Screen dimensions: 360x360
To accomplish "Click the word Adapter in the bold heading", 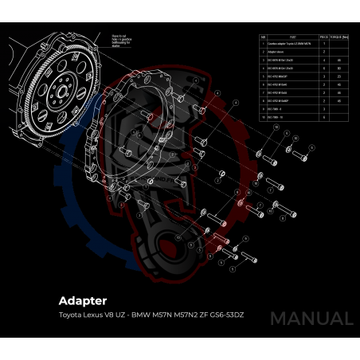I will tap(83, 301).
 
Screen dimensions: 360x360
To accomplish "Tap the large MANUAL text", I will tap(311, 319).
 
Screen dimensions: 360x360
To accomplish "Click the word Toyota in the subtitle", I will tap(71, 315).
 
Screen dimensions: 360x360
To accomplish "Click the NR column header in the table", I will tap(263, 37).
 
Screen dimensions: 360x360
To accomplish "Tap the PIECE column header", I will tap(324, 37).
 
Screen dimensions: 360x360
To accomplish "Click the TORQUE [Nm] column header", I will tap(340, 37).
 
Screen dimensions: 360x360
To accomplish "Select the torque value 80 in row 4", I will tap(340, 68).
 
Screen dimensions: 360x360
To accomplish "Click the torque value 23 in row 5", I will tap(340, 76).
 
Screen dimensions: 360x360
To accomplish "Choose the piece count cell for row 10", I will tap(324, 116).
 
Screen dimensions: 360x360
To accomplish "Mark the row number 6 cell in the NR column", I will tap(263, 84).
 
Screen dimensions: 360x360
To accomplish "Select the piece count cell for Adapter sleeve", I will tap(324, 51).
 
